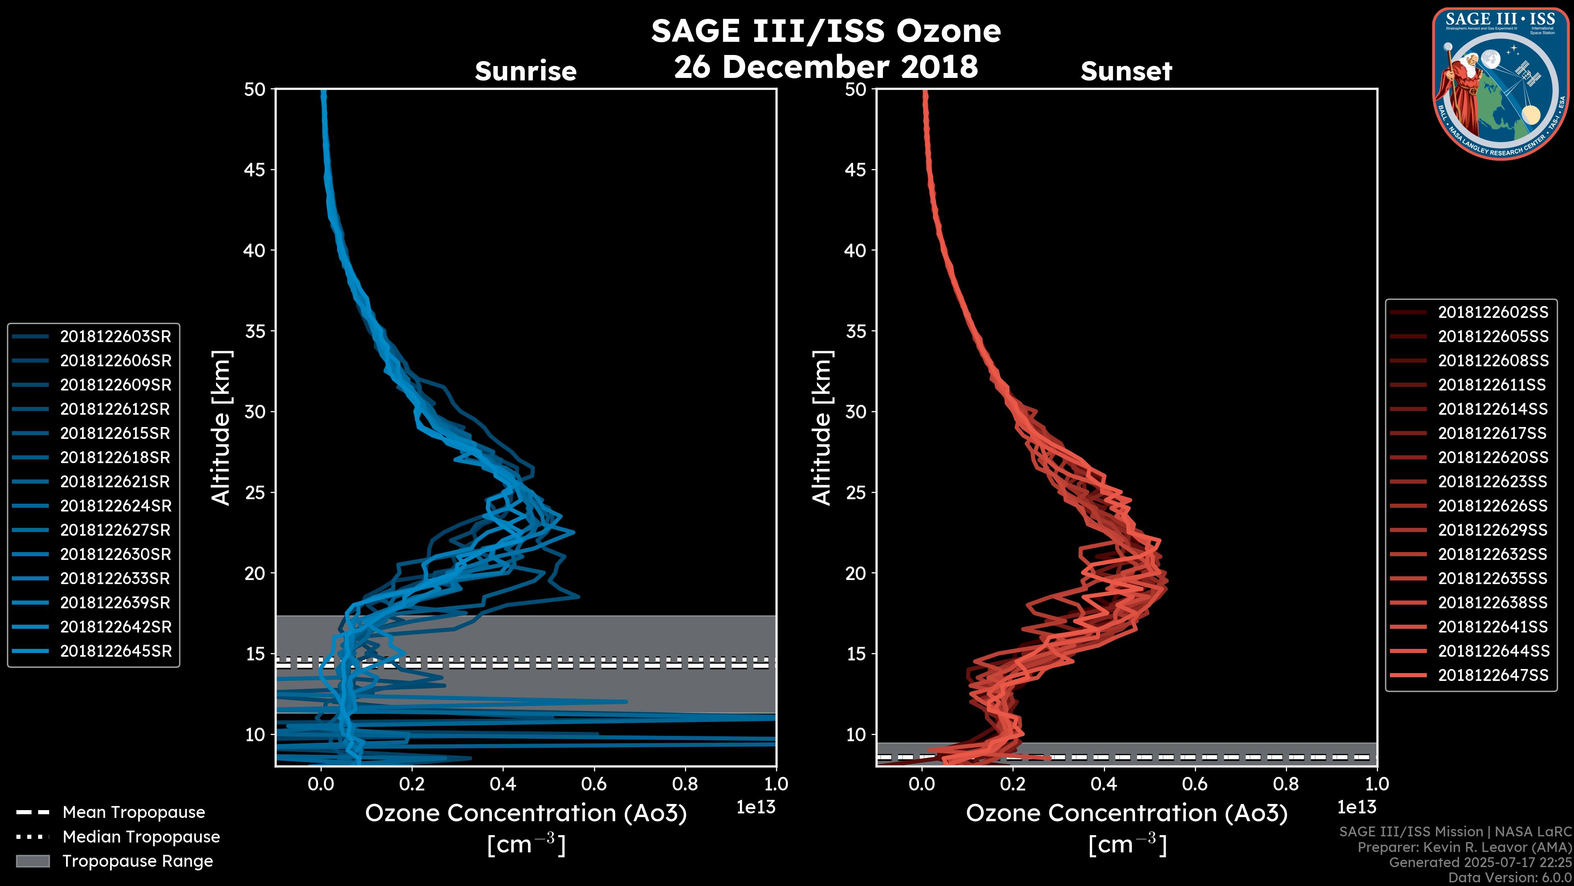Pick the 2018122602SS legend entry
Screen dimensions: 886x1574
[1493, 313]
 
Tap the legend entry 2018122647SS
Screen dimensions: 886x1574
[1493, 675]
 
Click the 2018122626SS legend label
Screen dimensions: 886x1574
[1493, 506]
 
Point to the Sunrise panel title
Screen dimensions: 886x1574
[525, 71]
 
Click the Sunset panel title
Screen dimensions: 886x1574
[1126, 71]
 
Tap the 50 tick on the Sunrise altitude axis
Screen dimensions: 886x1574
[255, 89]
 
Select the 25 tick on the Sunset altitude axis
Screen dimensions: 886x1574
[855, 492]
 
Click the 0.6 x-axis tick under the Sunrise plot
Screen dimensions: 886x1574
[594, 784]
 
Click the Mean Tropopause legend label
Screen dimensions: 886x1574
[134, 812]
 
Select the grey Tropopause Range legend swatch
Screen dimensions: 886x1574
[33, 861]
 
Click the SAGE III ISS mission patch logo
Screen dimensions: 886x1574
[1501, 83]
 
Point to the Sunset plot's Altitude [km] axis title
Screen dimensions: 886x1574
[822, 427]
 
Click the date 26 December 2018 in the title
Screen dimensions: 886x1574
[826, 66]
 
